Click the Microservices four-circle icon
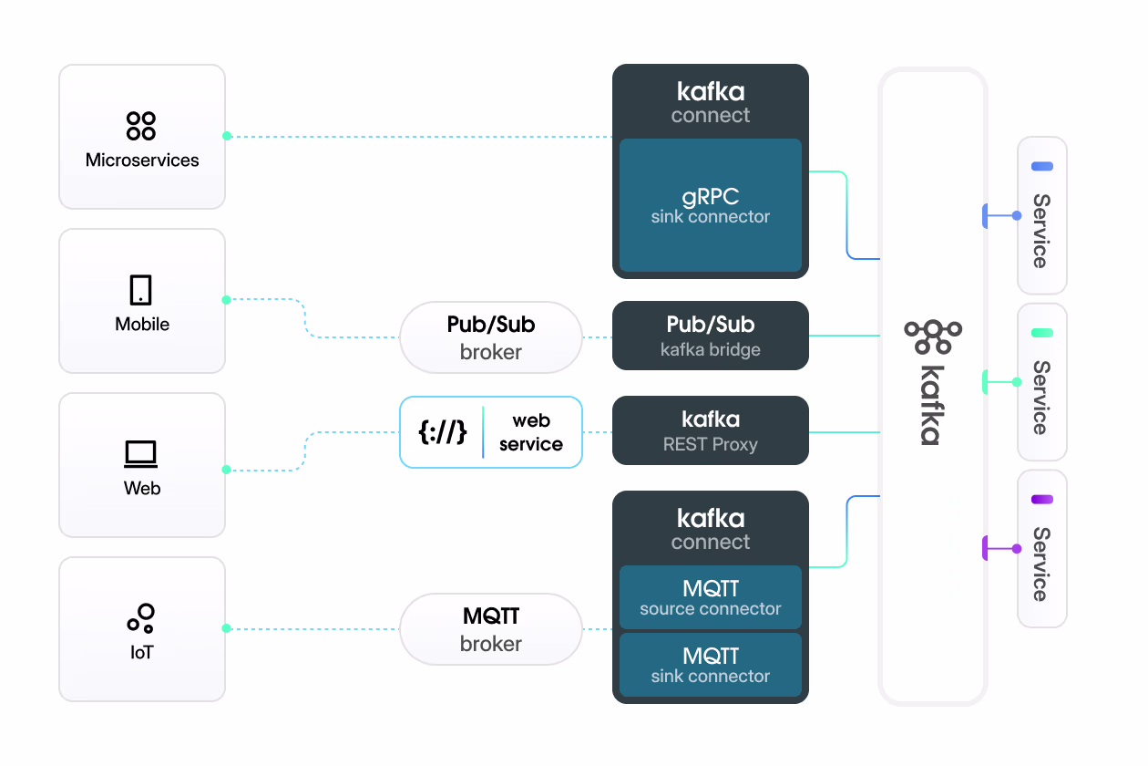(141, 126)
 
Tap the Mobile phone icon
(141, 290)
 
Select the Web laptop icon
(141, 453)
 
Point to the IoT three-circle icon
(141, 618)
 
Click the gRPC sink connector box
(711, 205)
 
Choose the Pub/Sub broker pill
(491, 337)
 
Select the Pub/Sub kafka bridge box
(711, 336)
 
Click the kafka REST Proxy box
(711, 430)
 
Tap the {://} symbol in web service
(443, 432)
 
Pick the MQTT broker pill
(491, 629)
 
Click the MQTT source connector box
(711, 597)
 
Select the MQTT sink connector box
(711, 665)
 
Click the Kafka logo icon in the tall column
(933, 336)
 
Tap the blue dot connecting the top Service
(1017, 216)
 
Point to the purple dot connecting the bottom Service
(1017, 548)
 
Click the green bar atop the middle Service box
(1042, 333)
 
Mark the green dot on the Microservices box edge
(227, 136)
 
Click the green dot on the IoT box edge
(227, 628)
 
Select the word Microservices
(142, 160)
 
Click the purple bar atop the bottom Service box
(1042, 499)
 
